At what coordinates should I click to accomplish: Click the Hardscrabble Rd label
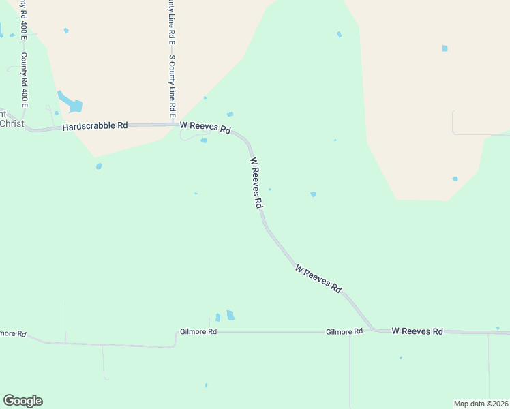point(95,126)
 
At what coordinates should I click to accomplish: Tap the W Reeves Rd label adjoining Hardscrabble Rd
point(205,127)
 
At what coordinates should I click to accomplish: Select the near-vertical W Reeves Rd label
point(256,183)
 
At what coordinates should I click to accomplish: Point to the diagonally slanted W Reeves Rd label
point(318,279)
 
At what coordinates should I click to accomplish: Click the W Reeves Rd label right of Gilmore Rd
point(417,331)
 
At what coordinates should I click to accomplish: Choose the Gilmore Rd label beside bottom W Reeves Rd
point(344,331)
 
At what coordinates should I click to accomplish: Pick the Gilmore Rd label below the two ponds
point(198,331)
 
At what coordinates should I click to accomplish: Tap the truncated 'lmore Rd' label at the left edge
point(13,334)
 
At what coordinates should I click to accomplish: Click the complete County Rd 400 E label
point(24,80)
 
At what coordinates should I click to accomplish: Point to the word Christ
point(12,123)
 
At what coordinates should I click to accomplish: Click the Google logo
point(22,401)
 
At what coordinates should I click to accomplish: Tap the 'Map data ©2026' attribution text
point(481,404)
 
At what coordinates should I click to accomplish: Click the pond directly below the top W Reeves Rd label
point(204,141)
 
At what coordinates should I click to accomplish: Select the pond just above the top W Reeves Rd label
point(230,114)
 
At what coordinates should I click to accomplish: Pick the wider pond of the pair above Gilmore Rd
point(230,315)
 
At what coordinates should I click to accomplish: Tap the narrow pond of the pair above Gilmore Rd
point(218,317)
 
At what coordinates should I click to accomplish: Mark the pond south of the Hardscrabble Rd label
point(99,166)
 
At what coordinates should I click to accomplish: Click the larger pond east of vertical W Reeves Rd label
point(314,194)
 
